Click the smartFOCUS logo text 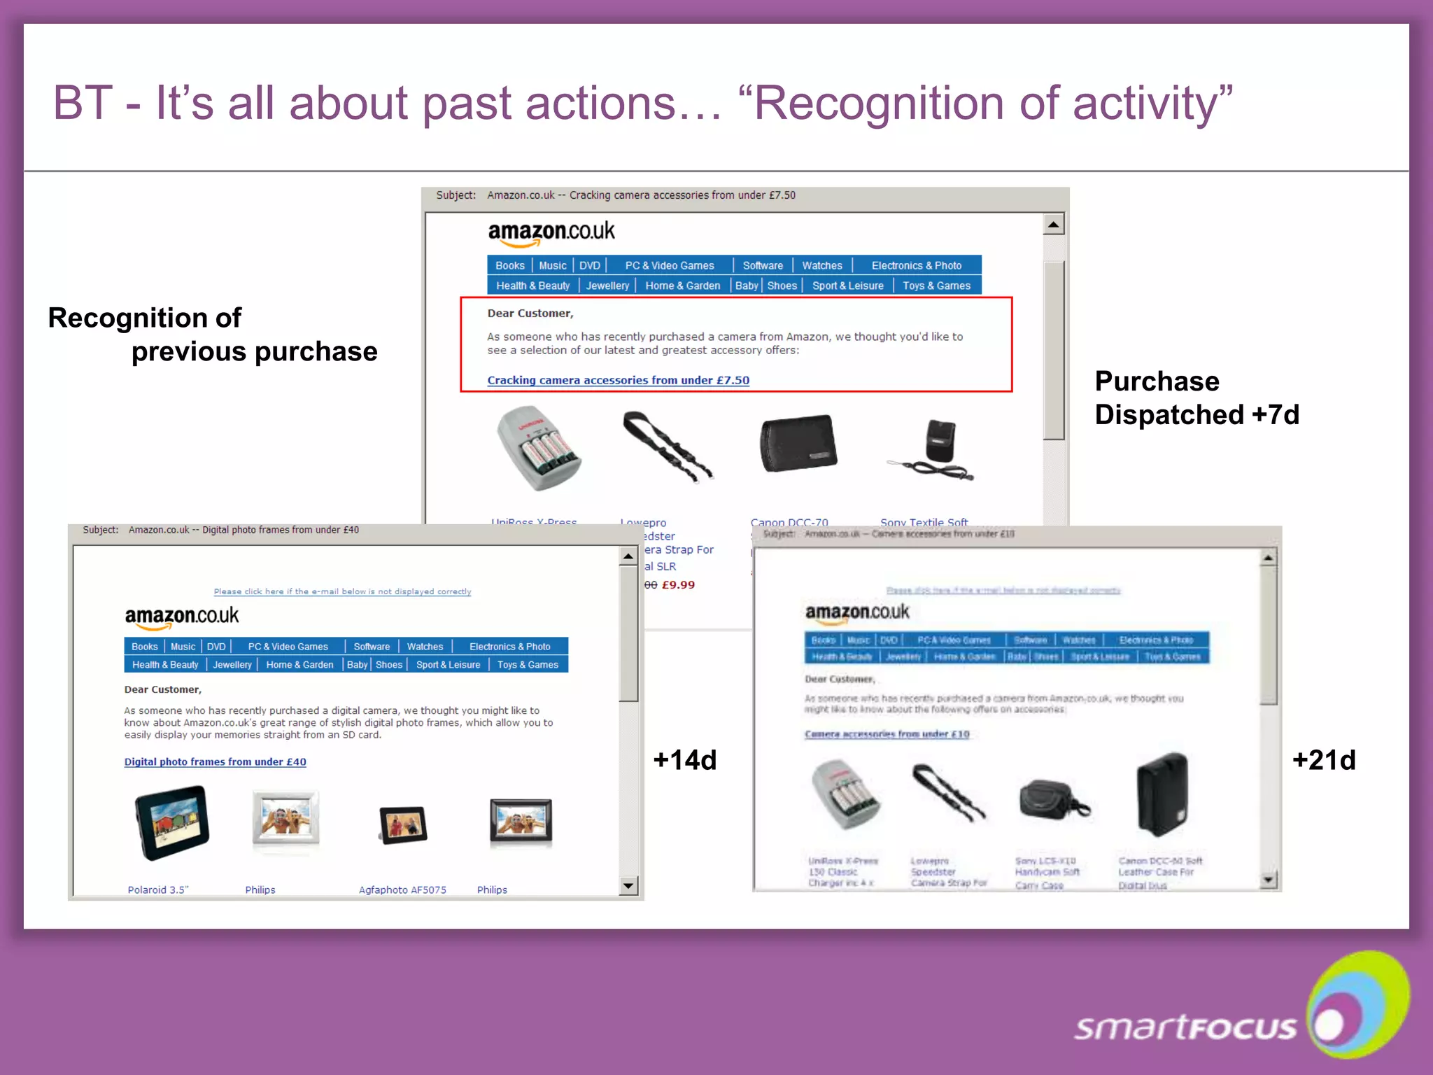pos(1185,1027)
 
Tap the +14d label pos(684,760)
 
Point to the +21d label pos(1324,760)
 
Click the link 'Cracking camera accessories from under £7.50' pos(618,380)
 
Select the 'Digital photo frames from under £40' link pos(215,761)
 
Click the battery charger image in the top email pos(537,448)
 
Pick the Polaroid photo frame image pos(171,822)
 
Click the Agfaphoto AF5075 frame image pos(403,824)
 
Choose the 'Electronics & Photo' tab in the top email pos(916,265)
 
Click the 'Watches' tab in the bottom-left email pos(425,647)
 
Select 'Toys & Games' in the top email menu pos(936,286)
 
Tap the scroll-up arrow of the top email pos(1053,225)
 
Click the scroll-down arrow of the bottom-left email pos(628,886)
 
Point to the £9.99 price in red pos(678,585)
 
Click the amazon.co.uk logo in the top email pos(551,232)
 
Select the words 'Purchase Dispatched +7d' pos(1196,398)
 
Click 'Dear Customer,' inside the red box pos(530,313)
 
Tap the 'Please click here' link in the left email pos(342,591)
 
